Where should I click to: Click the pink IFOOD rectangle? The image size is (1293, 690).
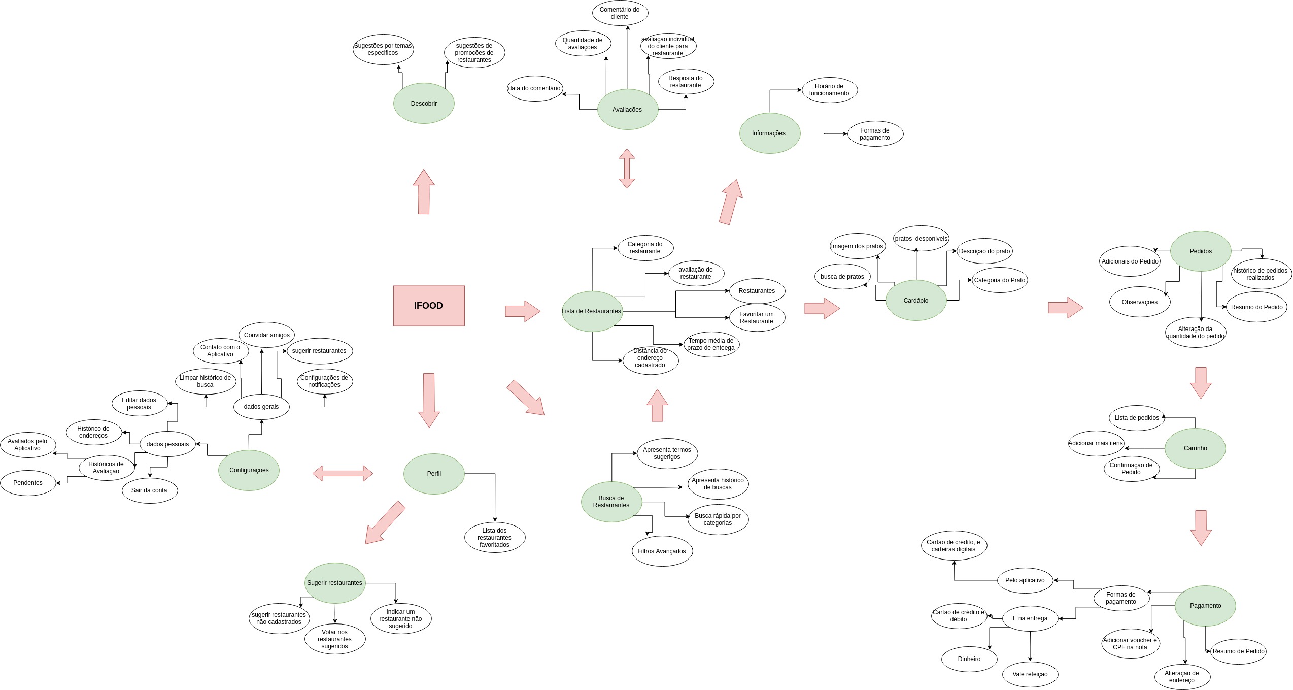[x=429, y=306]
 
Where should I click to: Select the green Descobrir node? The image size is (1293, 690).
[x=424, y=104]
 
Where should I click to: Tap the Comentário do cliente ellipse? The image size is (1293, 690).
[x=620, y=13]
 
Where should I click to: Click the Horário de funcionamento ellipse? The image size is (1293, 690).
[x=829, y=90]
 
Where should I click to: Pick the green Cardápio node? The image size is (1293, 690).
[x=916, y=301]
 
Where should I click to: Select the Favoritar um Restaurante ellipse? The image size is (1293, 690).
[x=757, y=318]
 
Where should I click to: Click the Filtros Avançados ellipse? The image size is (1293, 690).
[x=662, y=551]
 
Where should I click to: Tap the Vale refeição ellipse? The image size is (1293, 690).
[x=1030, y=674]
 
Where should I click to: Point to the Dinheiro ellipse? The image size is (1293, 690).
[x=969, y=659]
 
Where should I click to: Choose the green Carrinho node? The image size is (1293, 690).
[x=1195, y=448]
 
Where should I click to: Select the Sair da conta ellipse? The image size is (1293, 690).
[x=149, y=490]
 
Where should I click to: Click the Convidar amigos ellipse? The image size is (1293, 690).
[x=266, y=335]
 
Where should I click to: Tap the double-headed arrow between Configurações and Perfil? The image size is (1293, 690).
[x=343, y=474]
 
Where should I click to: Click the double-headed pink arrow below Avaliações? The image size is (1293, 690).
[x=627, y=169]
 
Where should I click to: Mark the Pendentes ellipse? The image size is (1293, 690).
[x=28, y=483]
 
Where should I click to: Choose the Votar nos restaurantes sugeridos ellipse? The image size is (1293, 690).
[x=335, y=639]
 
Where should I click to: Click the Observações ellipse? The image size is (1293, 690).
[x=1140, y=302]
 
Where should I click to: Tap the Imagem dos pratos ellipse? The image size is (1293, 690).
[x=857, y=246]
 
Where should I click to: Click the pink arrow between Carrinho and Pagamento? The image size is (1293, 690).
[x=1201, y=528]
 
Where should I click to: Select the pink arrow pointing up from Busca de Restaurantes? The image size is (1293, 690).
[x=658, y=406]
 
